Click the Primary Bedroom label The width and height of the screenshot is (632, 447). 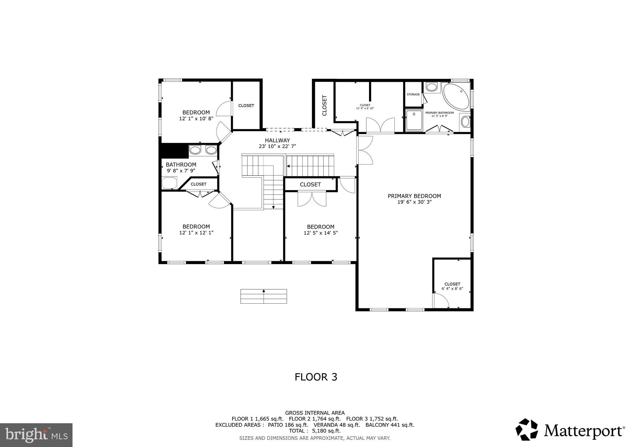[x=414, y=196]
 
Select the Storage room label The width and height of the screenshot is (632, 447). [x=413, y=94]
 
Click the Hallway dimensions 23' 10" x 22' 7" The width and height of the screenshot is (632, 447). [x=277, y=147]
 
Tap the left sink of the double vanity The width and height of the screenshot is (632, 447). [x=195, y=150]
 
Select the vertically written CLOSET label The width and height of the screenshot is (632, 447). [x=324, y=105]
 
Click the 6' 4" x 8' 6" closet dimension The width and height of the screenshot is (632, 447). [x=452, y=289]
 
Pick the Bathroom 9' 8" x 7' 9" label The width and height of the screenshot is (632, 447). [x=181, y=167]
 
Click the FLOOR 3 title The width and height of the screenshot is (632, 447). [x=316, y=377]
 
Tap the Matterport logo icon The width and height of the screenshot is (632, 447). [x=526, y=429]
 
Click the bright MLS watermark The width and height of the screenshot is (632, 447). [x=36, y=435]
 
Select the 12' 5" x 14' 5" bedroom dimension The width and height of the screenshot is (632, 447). [x=321, y=233]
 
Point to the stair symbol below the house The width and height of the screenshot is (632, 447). [x=264, y=296]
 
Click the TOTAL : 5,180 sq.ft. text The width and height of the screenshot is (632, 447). [x=315, y=431]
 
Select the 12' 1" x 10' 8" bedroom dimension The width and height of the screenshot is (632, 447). [x=196, y=119]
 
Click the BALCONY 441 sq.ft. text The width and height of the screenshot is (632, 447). [x=390, y=425]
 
